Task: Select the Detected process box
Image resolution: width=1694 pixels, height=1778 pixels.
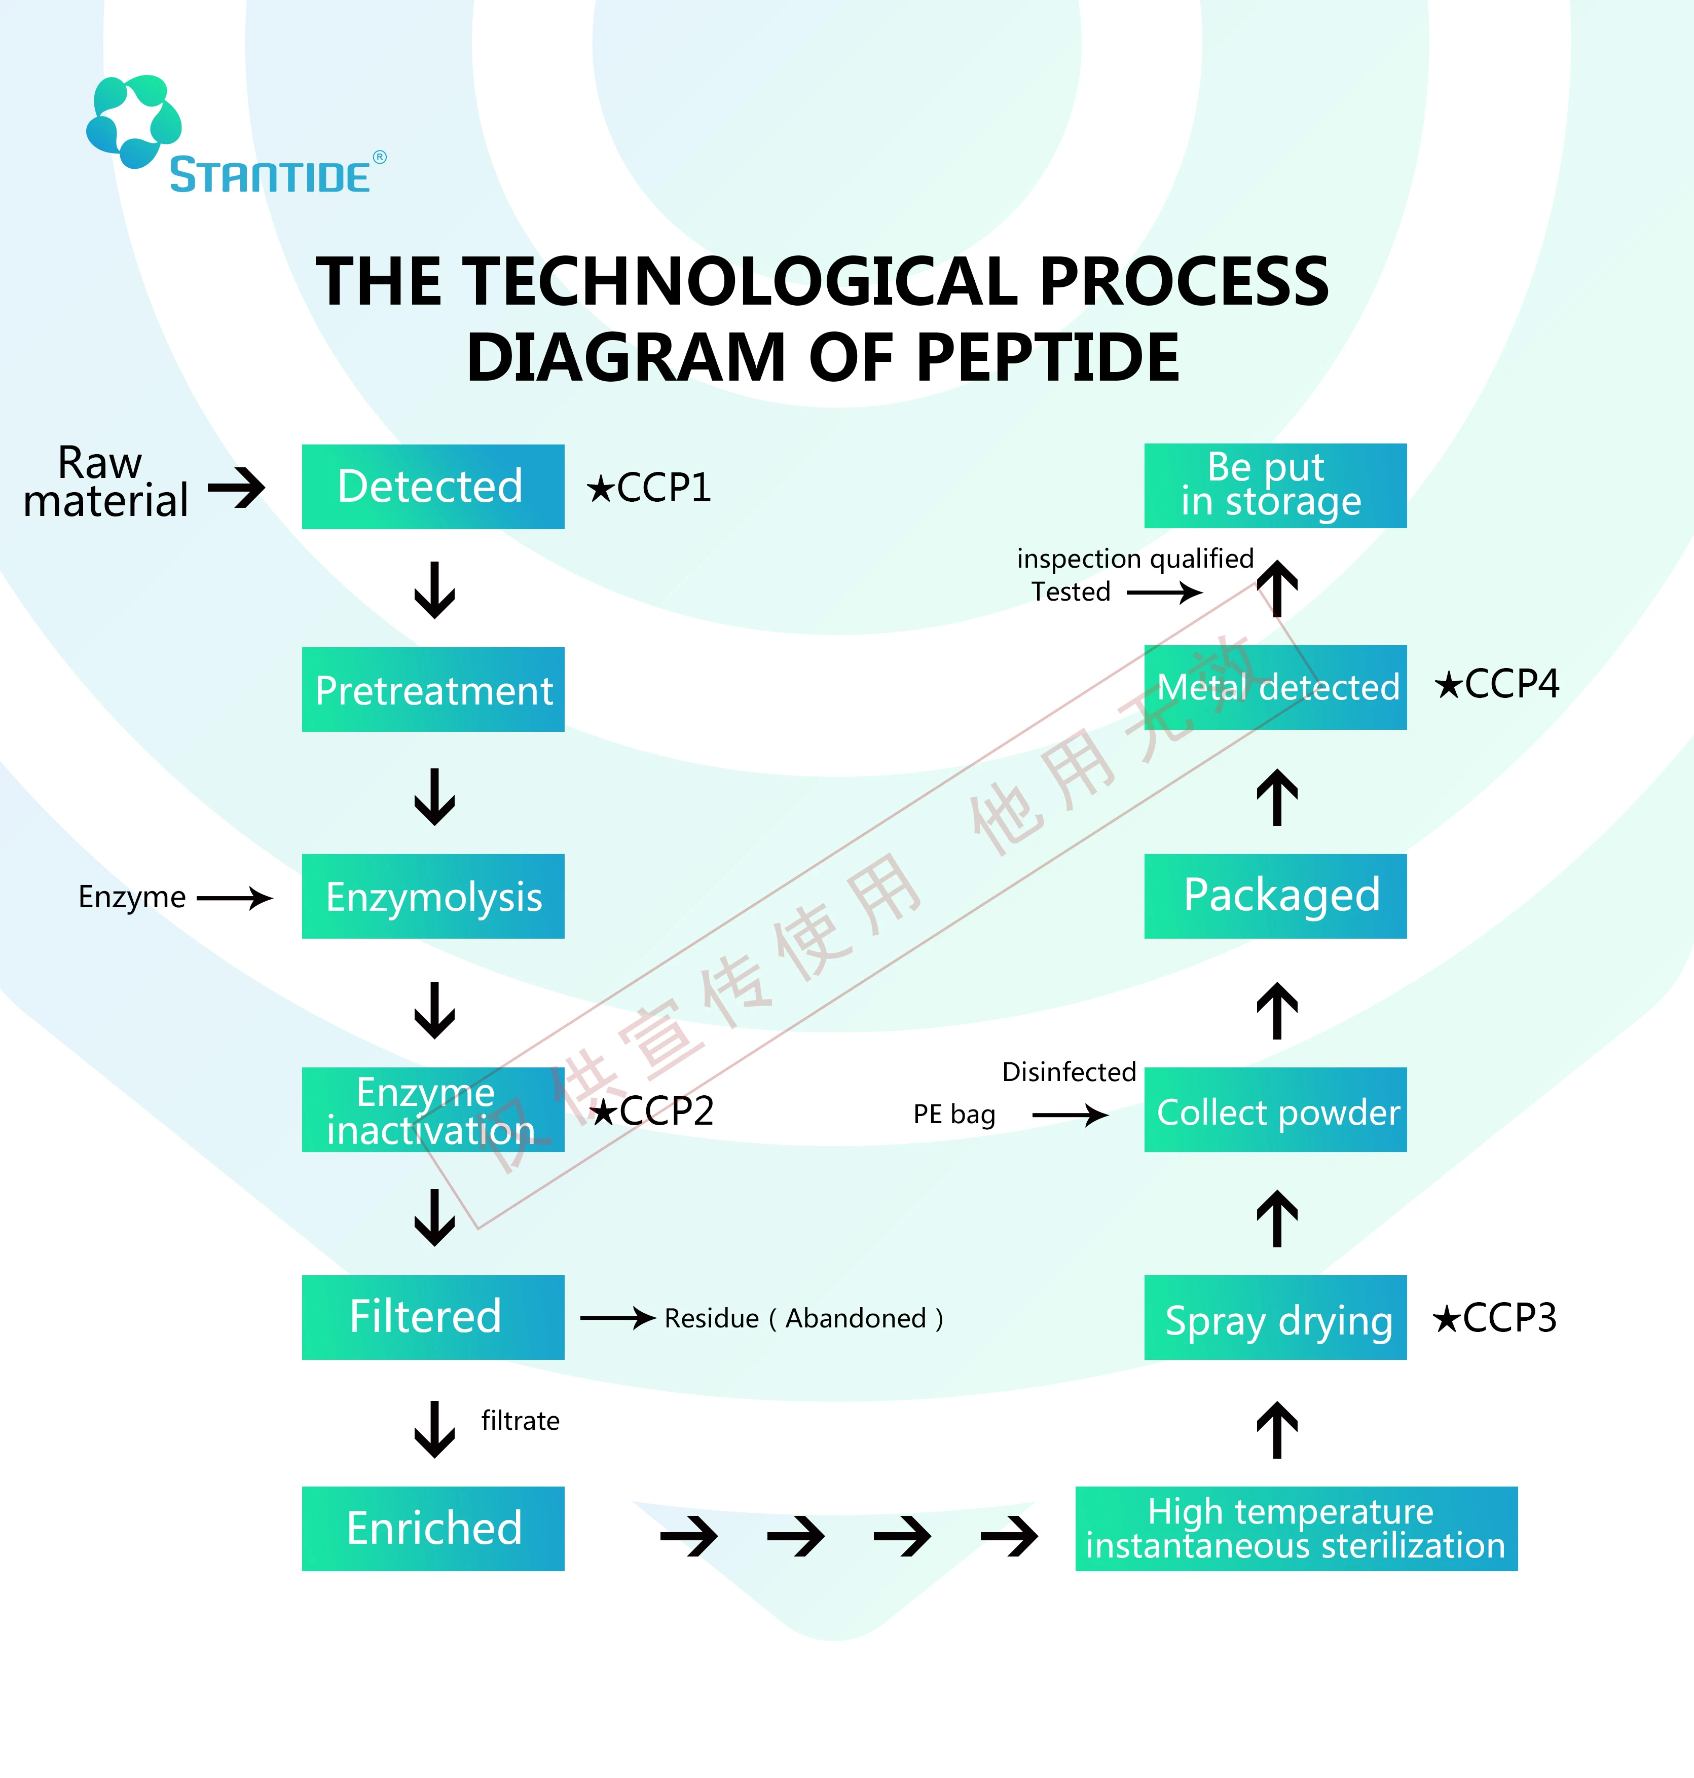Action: tap(432, 487)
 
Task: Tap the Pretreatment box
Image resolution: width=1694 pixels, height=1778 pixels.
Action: tap(432, 690)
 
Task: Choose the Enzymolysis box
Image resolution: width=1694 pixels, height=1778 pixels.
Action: tap(432, 897)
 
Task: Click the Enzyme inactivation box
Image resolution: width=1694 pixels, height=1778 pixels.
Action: tap(432, 1110)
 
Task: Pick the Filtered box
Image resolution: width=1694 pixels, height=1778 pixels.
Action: tap(432, 1317)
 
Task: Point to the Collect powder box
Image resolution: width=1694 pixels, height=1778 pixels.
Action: tap(1275, 1110)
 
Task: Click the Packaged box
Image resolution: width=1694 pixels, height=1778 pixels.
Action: tap(1275, 896)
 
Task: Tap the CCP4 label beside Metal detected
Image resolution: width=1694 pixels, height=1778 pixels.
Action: tap(1497, 684)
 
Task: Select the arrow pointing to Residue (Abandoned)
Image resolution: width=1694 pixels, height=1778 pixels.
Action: tap(618, 1318)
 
